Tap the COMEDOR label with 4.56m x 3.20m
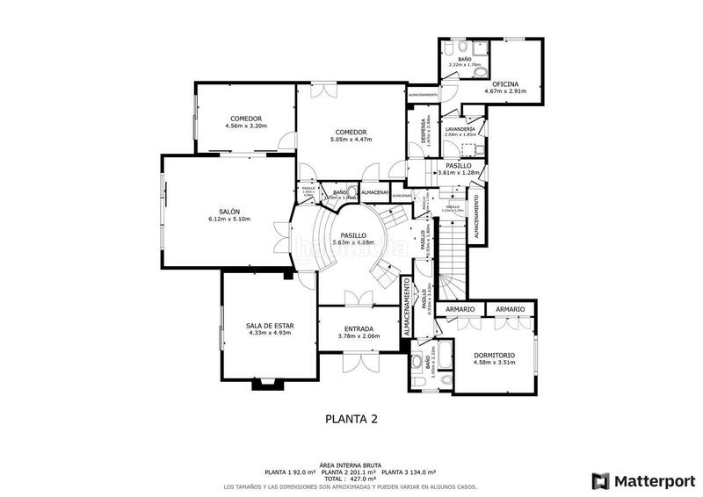pyautogui.click(x=246, y=119)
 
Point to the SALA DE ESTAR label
pyautogui.click(x=270, y=326)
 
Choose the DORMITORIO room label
pyautogui.click(x=493, y=355)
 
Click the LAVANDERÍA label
pyautogui.click(x=460, y=129)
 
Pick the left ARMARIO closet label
pyautogui.click(x=460, y=309)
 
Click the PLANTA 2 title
pyautogui.click(x=351, y=419)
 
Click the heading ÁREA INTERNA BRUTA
pyautogui.click(x=351, y=465)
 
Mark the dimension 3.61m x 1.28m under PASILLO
pyautogui.click(x=463, y=172)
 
